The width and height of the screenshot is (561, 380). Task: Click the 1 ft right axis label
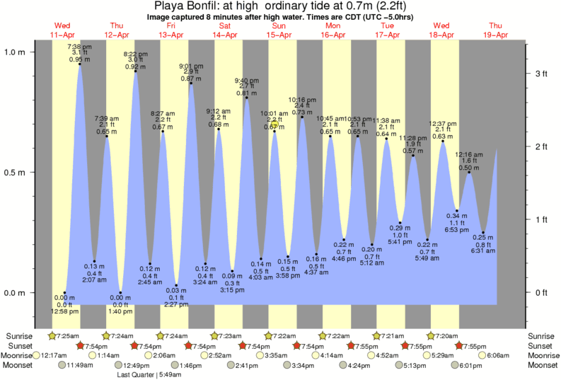[x=541, y=219]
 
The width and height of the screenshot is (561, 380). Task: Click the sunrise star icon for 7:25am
[x=52, y=335]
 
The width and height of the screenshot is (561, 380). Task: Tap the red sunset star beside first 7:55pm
[x=354, y=345]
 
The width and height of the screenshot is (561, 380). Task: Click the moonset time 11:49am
[x=80, y=366]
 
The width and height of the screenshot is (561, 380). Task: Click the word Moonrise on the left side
[x=19, y=355]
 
